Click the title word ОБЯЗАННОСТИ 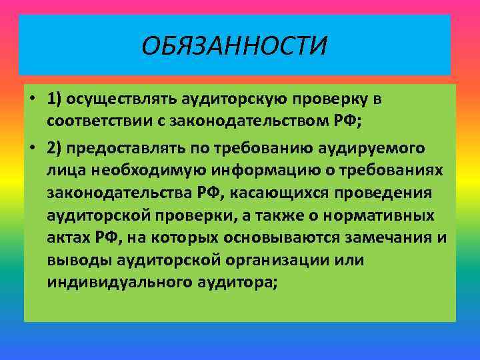tap(235, 47)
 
